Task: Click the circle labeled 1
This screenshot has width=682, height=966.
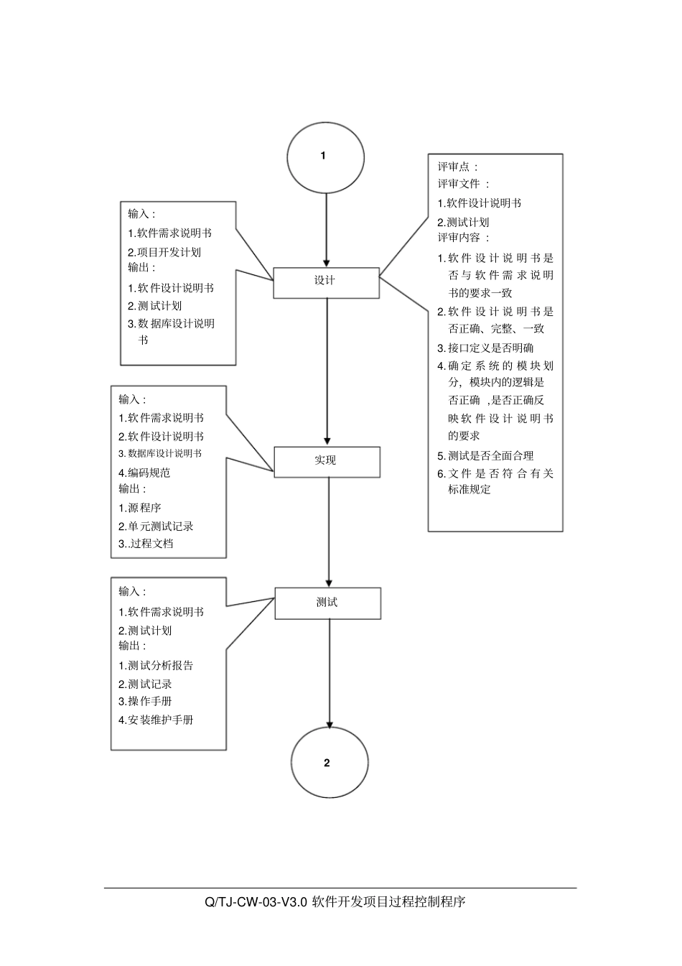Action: [325, 157]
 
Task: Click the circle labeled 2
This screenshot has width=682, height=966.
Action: [330, 762]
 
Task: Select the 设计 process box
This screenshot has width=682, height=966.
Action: [326, 282]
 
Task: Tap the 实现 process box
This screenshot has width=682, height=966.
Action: [327, 462]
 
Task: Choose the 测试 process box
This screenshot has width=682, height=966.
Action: [328, 603]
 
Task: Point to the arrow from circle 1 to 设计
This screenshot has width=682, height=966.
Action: [327, 230]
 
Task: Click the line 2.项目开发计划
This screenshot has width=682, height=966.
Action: [164, 252]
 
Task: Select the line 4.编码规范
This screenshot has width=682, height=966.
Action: [144, 473]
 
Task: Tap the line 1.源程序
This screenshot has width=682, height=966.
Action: [140, 508]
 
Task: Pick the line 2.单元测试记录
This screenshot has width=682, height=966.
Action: [156, 526]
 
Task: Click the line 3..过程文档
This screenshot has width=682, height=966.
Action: [146, 544]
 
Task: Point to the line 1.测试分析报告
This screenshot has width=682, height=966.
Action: [156, 666]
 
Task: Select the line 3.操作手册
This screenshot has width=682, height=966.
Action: [145, 702]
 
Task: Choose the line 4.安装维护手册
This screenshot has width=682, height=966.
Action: [156, 720]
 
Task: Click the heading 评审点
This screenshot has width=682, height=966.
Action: [457, 167]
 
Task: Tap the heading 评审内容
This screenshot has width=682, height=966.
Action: [464, 238]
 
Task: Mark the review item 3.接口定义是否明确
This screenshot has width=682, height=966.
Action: [485, 348]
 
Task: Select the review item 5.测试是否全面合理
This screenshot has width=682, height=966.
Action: [485, 455]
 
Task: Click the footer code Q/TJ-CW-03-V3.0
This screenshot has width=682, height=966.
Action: [256, 901]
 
